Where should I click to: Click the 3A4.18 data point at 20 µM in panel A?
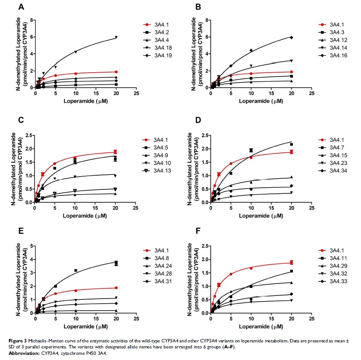[116, 37]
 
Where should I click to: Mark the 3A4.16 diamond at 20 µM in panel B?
[291, 37]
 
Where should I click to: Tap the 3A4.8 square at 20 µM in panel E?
[116, 263]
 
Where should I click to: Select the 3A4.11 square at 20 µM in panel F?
[291, 271]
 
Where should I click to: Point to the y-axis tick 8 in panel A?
[31, 20]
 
